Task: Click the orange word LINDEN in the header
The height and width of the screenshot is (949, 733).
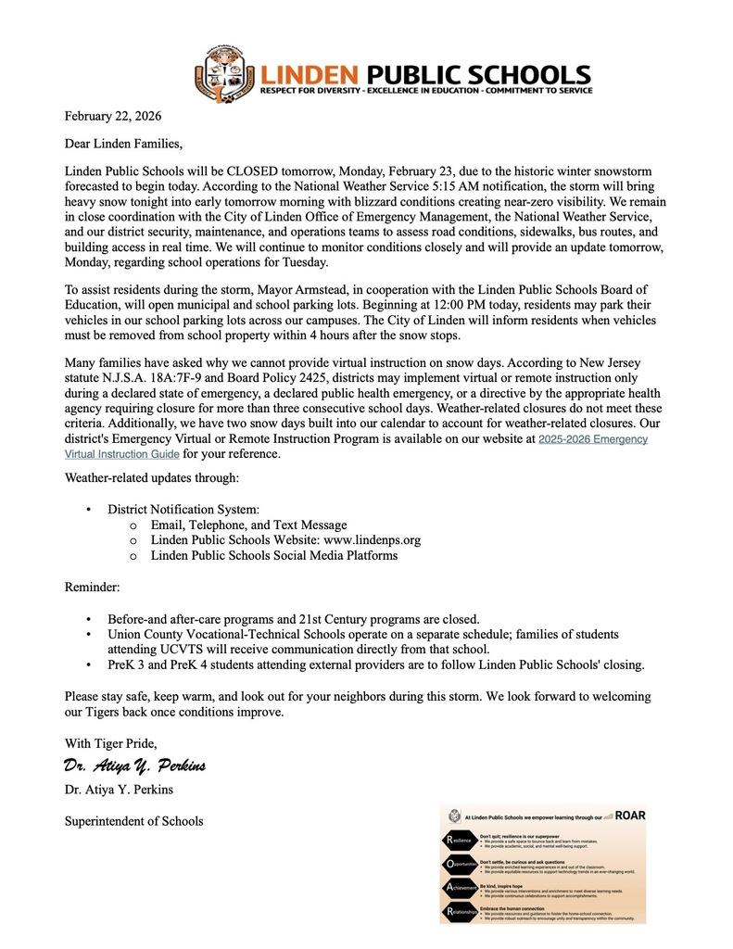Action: (x=310, y=74)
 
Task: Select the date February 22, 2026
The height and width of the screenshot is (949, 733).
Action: (x=112, y=116)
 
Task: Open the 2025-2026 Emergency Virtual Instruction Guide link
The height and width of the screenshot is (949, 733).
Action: (x=593, y=439)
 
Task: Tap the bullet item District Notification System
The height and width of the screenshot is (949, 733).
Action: (x=183, y=510)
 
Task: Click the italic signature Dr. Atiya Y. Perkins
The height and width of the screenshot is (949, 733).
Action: (x=134, y=766)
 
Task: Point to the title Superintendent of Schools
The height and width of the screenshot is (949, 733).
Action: (x=133, y=820)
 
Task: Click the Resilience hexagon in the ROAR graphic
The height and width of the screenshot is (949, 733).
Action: (x=461, y=840)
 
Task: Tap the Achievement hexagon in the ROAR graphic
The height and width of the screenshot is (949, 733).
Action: (x=461, y=889)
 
